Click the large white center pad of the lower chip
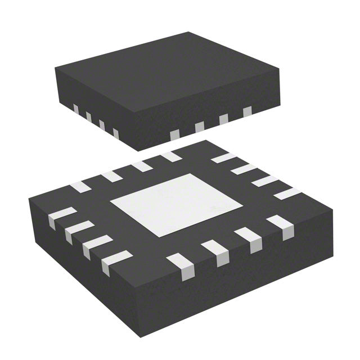point(163,204)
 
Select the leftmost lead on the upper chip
point(74,108)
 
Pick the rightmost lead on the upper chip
point(247,111)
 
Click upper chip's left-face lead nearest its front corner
point(115,133)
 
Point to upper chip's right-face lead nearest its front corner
point(174,134)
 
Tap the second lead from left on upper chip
point(88,116)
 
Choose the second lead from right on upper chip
point(223,119)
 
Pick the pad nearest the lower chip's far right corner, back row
point(287,193)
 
